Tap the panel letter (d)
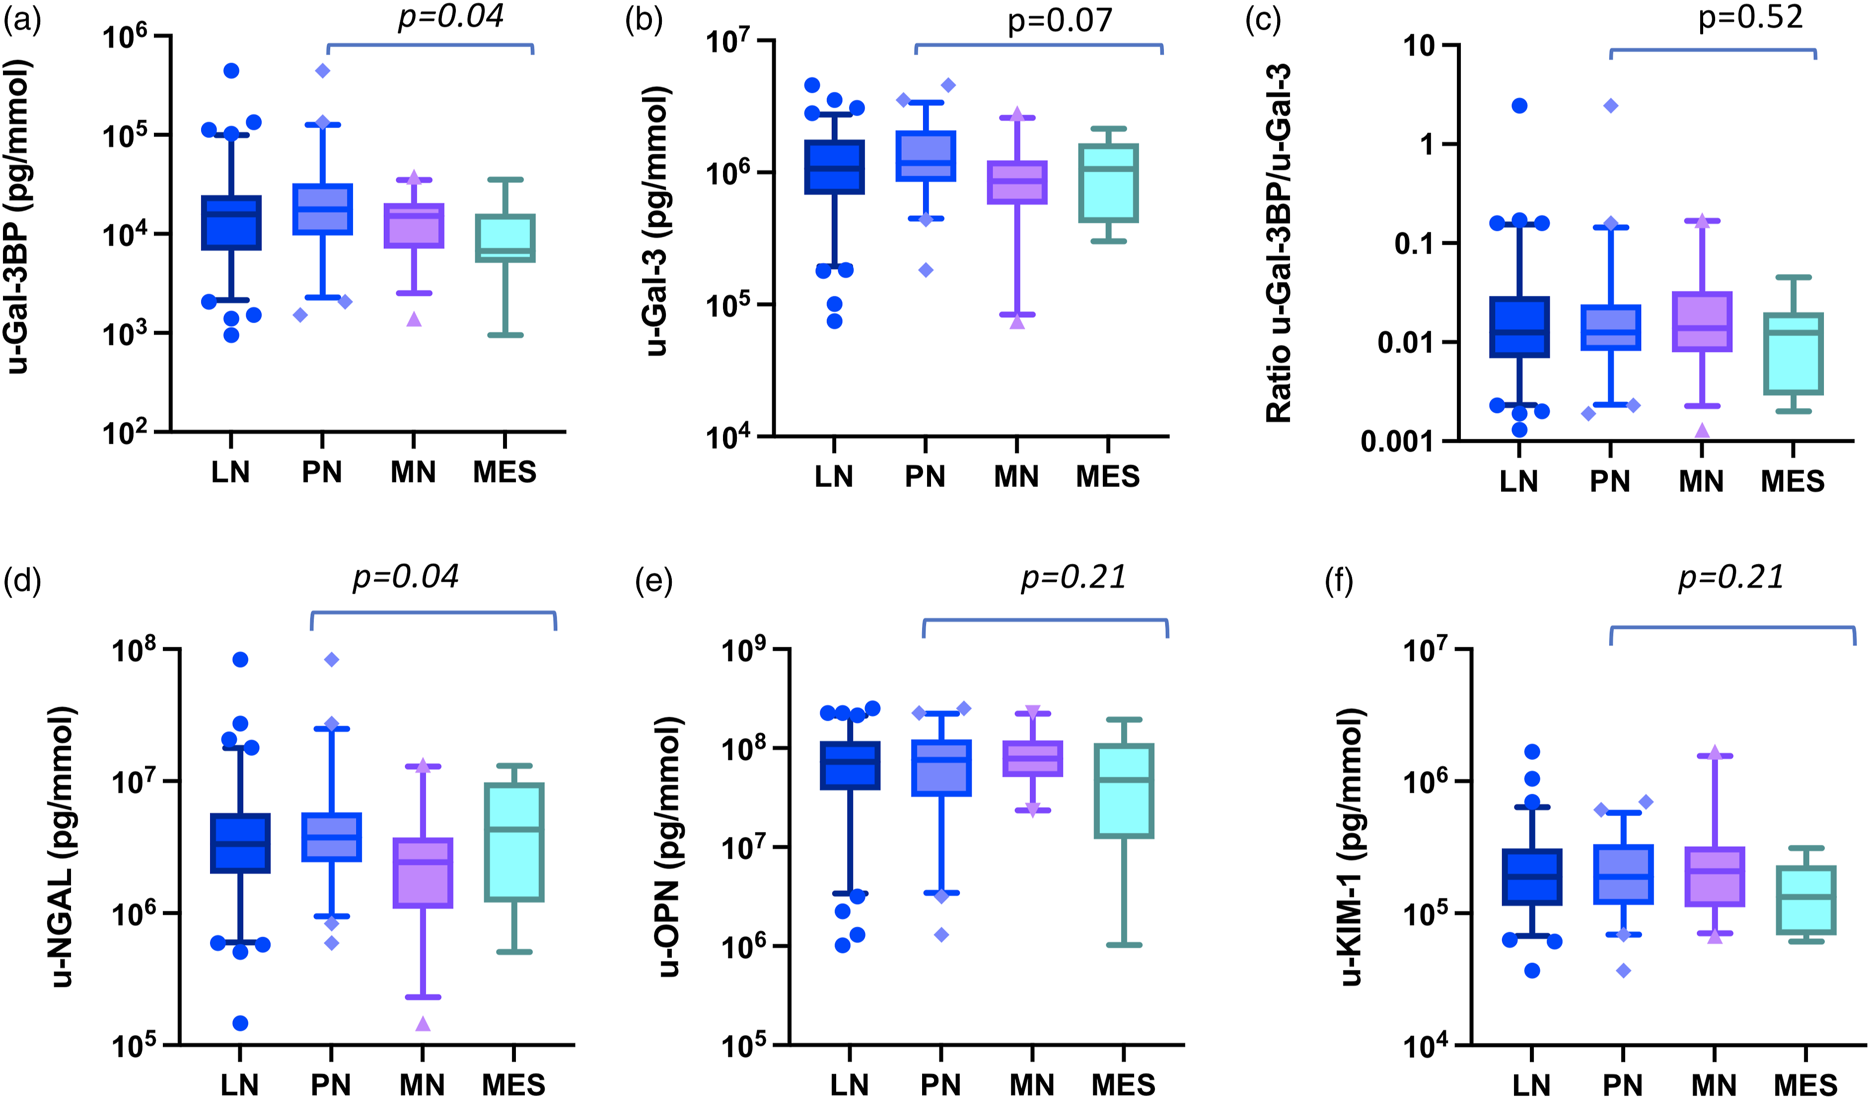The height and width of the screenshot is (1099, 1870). coord(22,581)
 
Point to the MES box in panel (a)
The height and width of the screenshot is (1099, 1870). coord(505,238)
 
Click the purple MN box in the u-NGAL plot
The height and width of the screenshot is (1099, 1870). coord(423,873)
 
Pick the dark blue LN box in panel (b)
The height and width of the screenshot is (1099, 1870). coord(835,167)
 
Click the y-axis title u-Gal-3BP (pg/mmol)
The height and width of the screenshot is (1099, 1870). coord(18,217)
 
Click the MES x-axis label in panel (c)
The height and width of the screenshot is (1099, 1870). coord(1793,481)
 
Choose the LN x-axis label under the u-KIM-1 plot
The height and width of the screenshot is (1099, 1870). coord(1532,1086)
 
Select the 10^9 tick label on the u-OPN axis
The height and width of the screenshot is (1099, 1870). coord(745,650)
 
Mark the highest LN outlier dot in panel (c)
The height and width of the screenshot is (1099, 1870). coord(1520,105)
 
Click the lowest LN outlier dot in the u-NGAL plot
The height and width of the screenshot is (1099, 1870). coord(240,1024)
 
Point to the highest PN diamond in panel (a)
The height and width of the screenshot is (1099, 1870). coord(323,70)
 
